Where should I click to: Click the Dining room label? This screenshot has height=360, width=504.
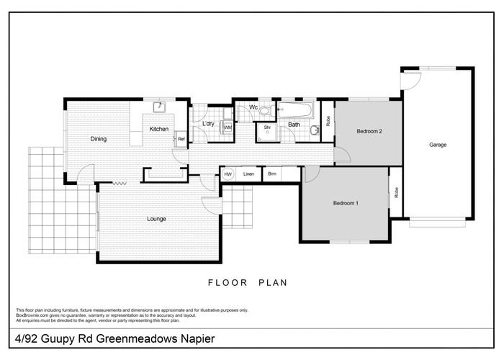click(x=99, y=139)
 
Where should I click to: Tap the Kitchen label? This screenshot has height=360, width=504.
click(x=159, y=129)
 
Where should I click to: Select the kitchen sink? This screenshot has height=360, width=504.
click(x=161, y=109)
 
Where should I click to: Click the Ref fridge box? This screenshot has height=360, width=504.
click(x=181, y=139)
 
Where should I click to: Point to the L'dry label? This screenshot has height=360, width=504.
click(x=209, y=124)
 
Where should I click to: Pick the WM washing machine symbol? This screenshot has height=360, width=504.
click(x=228, y=127)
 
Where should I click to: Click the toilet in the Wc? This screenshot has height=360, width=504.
click(x=264, y=111)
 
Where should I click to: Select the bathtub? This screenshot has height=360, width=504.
click(x=296, y=111)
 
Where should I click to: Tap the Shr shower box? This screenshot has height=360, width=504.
click(x=267, y=129)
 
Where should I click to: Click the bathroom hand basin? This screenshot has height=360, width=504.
click(x=315, y=130)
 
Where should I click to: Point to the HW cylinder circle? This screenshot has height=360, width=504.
click(x=228, y=174)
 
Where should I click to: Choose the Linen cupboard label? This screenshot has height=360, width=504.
click(x=248, y=174)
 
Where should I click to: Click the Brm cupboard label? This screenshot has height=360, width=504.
click(x=272, y=174)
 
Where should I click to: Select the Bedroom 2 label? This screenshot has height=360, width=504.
click(x=368, y=132)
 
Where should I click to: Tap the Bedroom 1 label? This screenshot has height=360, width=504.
click(x=346, y=204)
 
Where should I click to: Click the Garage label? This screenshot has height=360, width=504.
click(x=438, y=145)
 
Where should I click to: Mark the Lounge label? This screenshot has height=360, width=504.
click(x=157, y=219)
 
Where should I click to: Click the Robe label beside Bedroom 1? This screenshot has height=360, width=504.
click(x=396, y=192)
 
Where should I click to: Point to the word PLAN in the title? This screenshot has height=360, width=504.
click(x=272, y=283)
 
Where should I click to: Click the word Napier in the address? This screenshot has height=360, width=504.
click(x=193, y=338)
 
